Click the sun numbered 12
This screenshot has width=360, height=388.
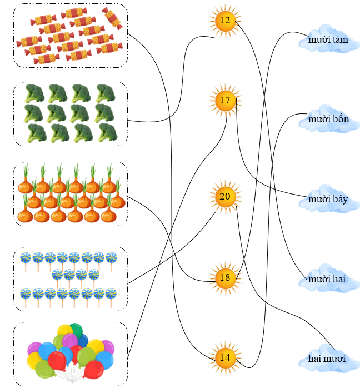coord(225,21)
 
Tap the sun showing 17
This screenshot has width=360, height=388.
coord(225,101)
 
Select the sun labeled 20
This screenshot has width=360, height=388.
coord(225,196)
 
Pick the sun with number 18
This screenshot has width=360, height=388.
coord(225,277)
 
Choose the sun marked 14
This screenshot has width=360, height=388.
coord(225,357)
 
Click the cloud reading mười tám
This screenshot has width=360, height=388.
coord(328,40)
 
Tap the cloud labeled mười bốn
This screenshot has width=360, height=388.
coord(328,120)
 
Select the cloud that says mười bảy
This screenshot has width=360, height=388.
coord(328,199)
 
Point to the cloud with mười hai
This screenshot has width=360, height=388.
coord(328,279)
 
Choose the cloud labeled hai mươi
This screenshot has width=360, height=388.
coord(328,359)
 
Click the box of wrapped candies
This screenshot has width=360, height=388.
coord(71,35)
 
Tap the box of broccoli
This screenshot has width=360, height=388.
coord(71,114)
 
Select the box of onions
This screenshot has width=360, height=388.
coord(71,194)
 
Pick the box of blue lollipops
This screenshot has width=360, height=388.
coord(71,278)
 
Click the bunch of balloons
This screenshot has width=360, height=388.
coord(71,354)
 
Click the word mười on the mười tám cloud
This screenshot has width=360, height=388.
coord(318,40)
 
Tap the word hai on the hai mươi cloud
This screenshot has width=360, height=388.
coord(316,359)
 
